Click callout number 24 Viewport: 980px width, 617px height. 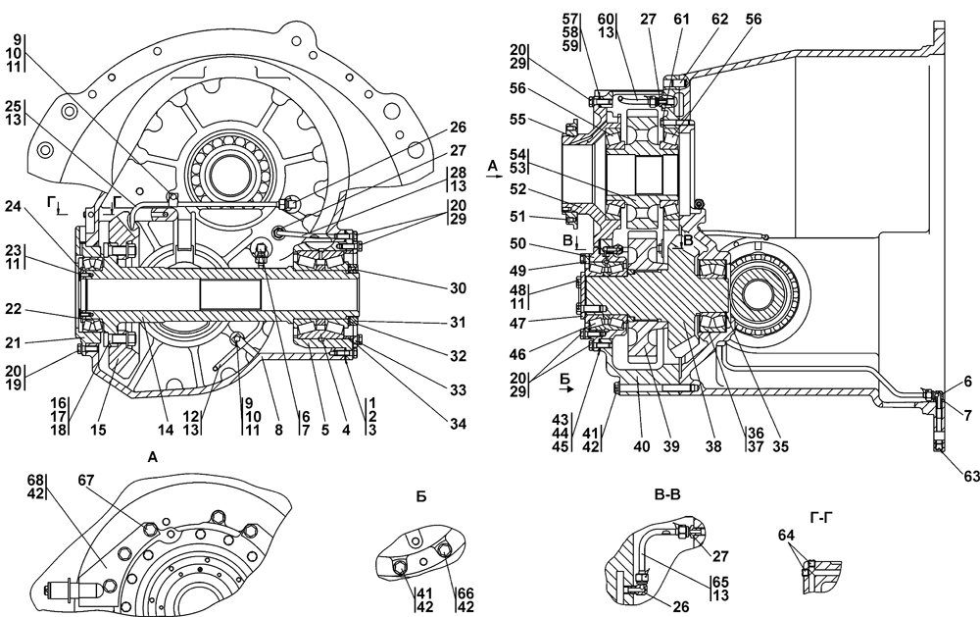tap(14, 206)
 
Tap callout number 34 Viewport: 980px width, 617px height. tap(458, 425)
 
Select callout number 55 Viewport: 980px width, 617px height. tap(518, 119)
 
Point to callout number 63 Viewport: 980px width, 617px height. tap(971, 476)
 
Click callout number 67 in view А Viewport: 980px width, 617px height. tap(86, 480)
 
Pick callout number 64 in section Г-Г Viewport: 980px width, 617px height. tap(786, 535)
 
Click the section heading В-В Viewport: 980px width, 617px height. tap(666, 494)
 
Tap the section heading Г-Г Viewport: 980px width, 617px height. tap(820, 517)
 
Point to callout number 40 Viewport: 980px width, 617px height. tap(642, 446)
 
